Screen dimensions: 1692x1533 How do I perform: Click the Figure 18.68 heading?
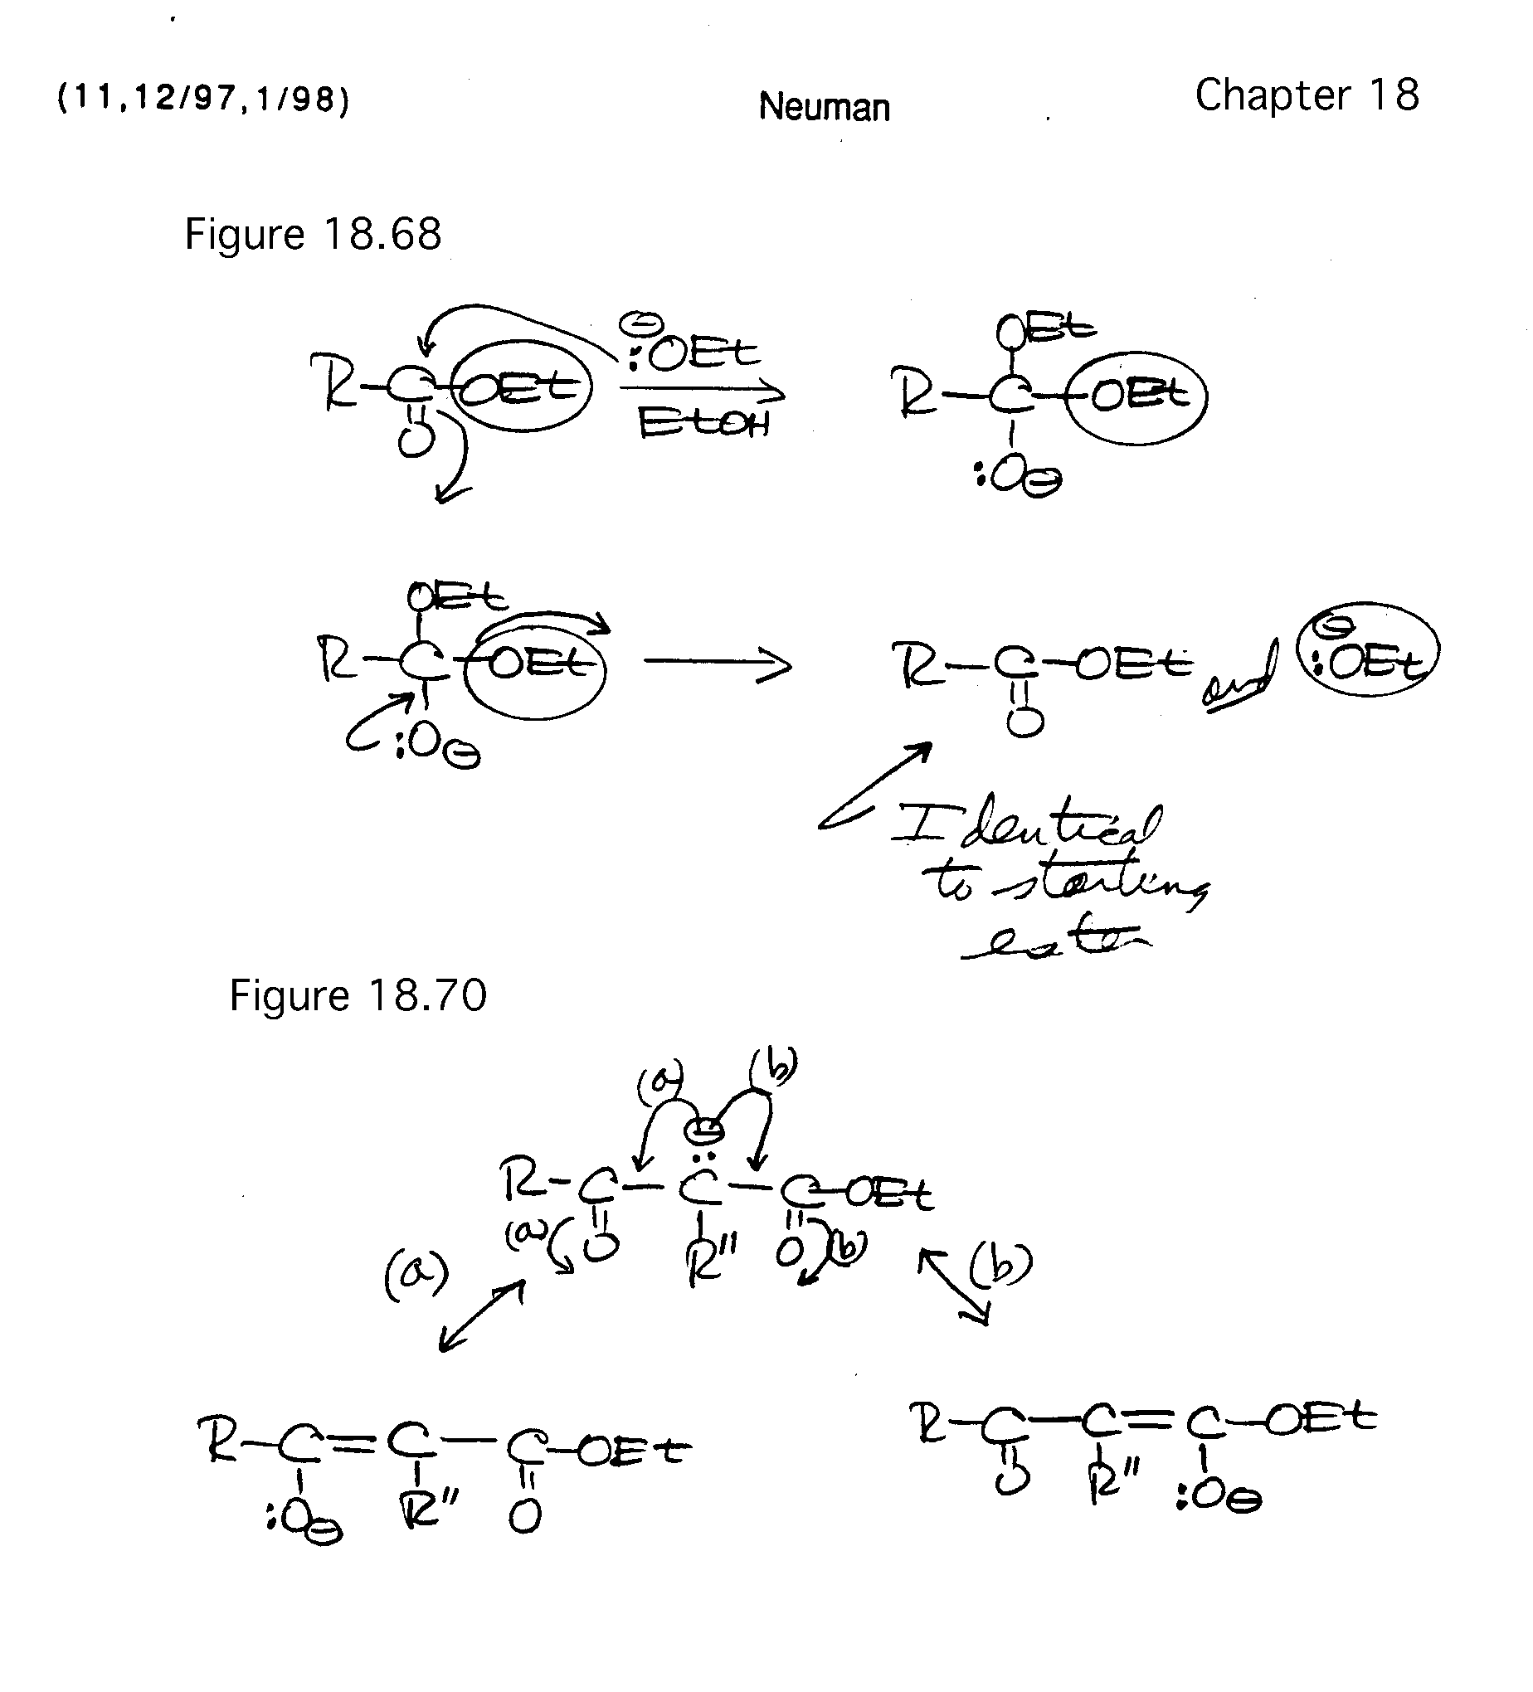(312, 234)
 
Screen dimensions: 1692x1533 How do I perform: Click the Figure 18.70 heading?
(358, 996)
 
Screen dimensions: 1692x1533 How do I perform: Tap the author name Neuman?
(824, 108)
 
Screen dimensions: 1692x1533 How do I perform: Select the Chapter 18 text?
(1307, 95)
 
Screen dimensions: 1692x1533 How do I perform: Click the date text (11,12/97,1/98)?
(202, 99)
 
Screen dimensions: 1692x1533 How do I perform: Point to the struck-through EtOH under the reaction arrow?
(703, 423)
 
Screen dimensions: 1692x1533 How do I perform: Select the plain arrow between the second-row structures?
(718, 664)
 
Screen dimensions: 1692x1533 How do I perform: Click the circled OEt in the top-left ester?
(521, 387)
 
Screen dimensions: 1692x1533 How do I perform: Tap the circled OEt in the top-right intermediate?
(1137, 396)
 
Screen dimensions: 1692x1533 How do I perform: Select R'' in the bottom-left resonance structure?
(429, 1506)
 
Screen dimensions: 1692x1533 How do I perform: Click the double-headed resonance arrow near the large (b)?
(955, 1285)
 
